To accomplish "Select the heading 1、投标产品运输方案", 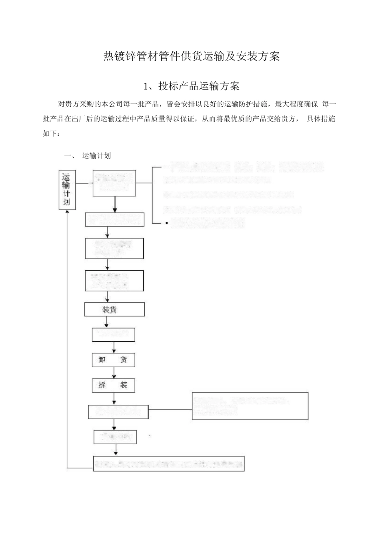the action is click(191, 86).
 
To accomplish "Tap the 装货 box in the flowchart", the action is click(114, 310).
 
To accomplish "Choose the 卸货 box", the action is click(113, 360).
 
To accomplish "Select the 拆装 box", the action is click(113, 385).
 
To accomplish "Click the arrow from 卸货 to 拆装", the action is click(114, 372).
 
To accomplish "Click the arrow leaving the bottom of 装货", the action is click(107, 322).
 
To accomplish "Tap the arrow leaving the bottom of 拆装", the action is click(114, 398).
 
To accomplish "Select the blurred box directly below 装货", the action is click(113, 335).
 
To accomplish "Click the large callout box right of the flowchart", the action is click(250, 406).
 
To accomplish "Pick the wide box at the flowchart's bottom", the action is click(169, 463).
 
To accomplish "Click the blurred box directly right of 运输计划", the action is click(114, 183).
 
